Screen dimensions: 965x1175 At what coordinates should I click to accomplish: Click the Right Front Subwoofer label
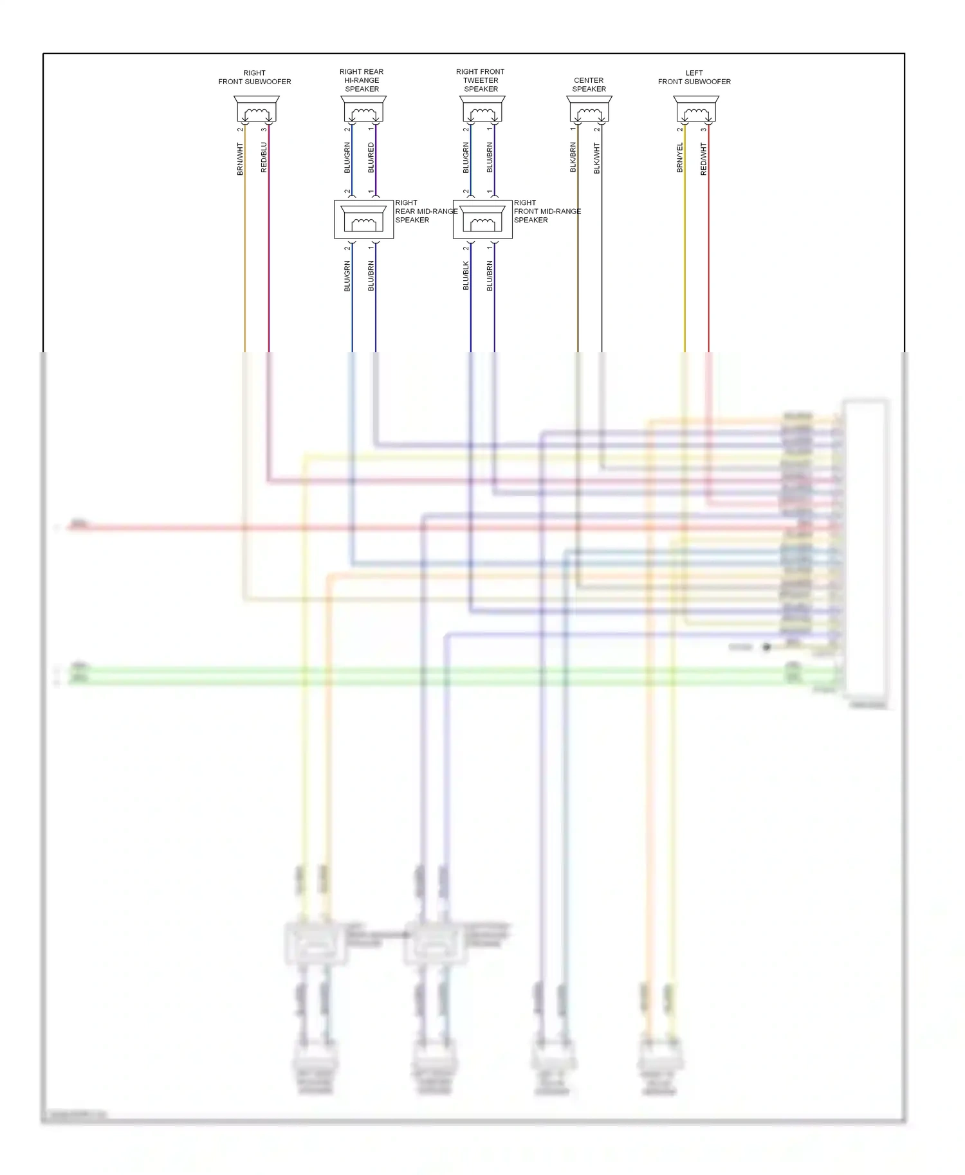(254, 77)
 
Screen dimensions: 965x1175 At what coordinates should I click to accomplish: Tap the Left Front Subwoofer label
(694, 77)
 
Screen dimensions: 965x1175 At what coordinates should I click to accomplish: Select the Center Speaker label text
(589, 85)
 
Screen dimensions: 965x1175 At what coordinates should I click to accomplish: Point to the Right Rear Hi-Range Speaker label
(362, 80)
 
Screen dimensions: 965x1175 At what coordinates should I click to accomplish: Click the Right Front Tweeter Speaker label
(481, 80)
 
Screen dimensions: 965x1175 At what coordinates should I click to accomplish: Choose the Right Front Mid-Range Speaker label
(547, 211)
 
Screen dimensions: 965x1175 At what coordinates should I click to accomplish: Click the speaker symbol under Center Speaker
(589, 109)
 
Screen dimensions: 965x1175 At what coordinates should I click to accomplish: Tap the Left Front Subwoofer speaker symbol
(695, 109)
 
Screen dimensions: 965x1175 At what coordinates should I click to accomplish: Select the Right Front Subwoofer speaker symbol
(256, 109)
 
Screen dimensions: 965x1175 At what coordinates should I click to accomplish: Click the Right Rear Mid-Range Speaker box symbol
(363, 220)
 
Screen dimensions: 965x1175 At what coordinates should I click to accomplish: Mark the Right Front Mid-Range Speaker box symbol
(482, 220)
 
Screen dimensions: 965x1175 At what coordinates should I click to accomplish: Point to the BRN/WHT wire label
(240, 159)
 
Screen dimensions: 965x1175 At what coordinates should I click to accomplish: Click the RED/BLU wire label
(264, 157)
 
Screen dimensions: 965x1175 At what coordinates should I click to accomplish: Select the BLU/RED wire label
(371, 157)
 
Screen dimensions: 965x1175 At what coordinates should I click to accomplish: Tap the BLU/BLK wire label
(466, 276)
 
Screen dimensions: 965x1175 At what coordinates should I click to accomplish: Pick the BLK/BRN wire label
(573, 157)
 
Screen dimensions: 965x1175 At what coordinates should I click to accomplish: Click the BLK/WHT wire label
(596, 157)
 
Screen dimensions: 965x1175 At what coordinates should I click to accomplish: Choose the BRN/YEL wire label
(679, 157)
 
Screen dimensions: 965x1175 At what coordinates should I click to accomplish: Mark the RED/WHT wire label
(703, 159)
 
